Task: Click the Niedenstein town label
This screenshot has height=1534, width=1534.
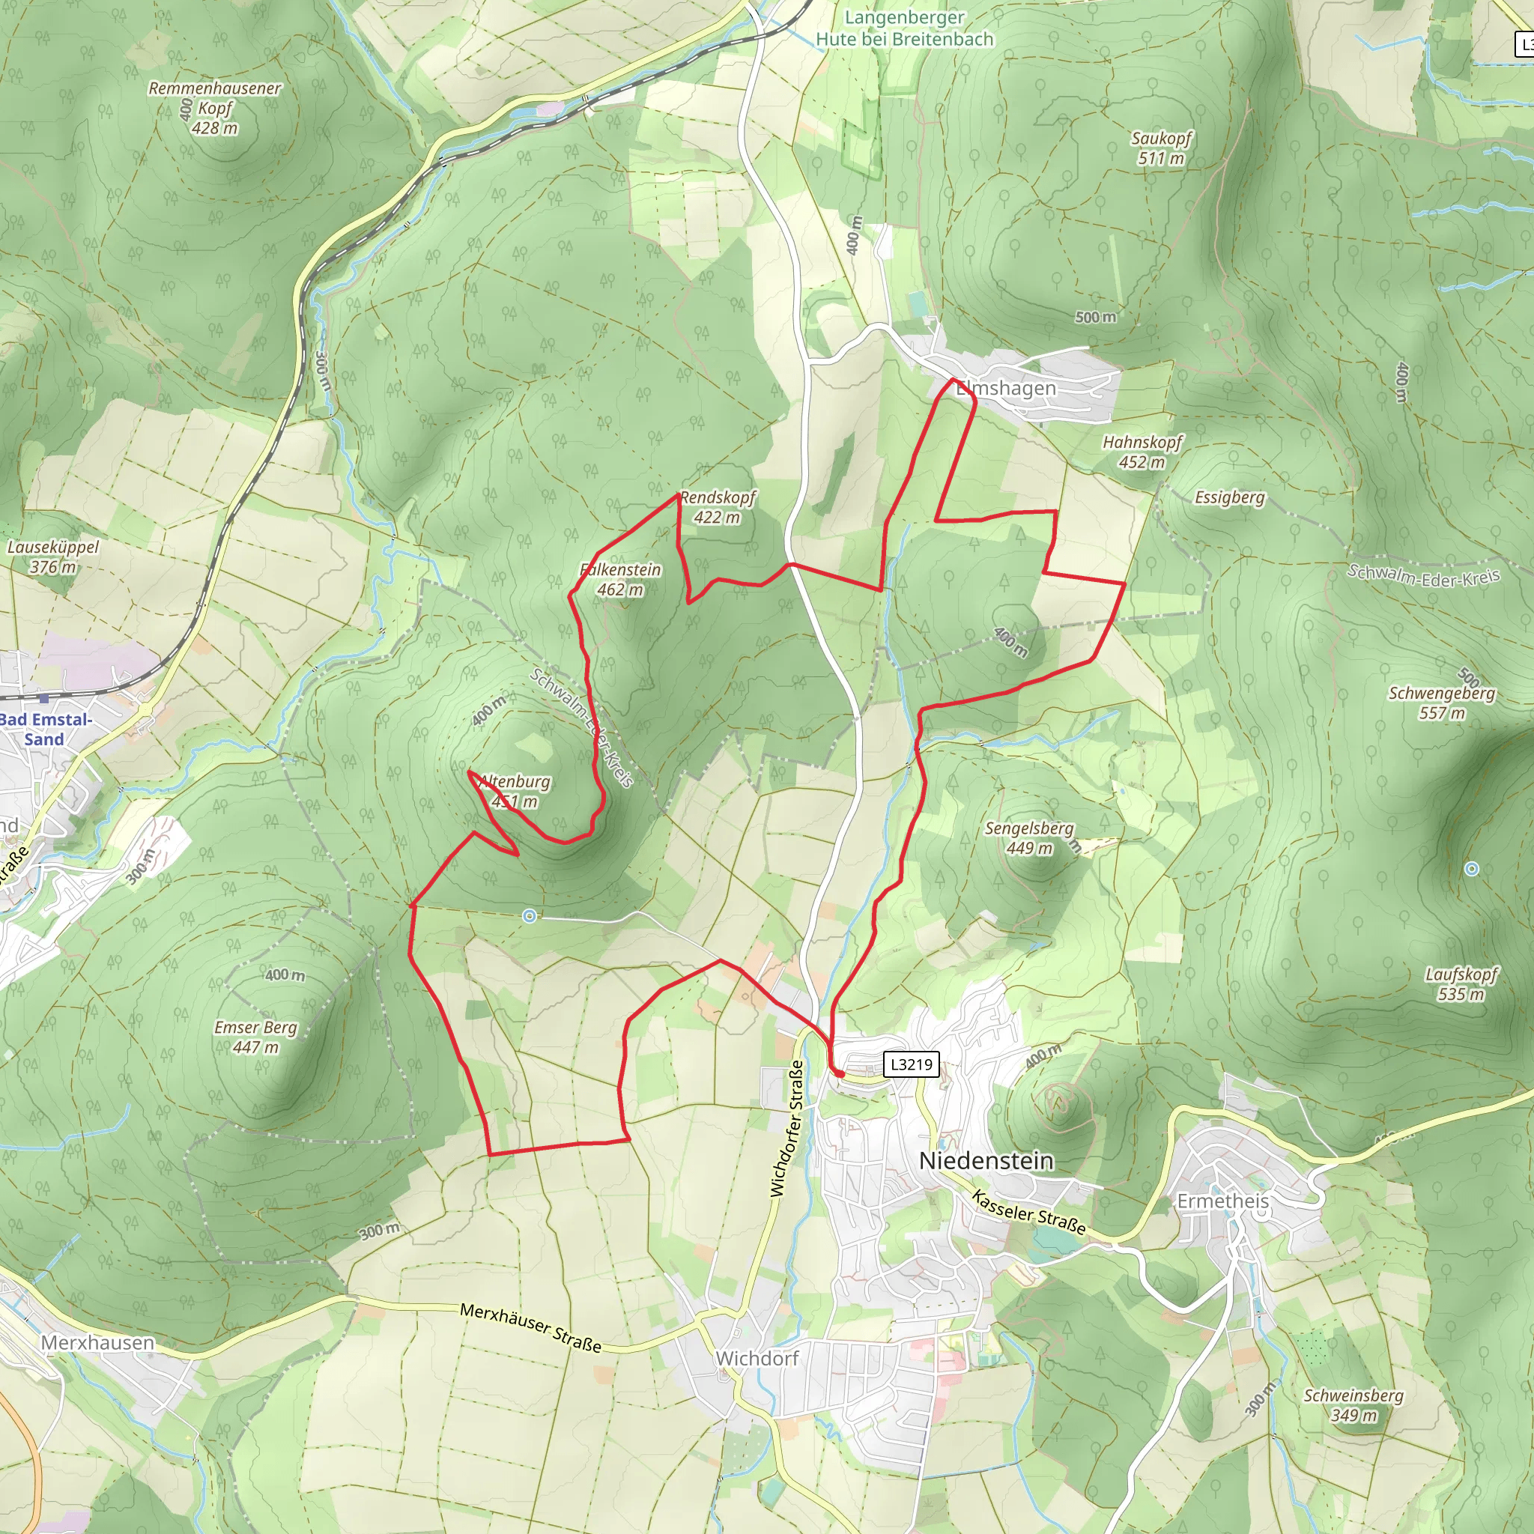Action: pos(986,1161)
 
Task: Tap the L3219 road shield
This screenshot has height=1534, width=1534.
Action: pos(911,1064)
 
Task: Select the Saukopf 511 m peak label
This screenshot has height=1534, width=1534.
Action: pos(1161,148)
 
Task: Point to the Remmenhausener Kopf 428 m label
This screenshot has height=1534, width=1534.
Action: pos(214,108)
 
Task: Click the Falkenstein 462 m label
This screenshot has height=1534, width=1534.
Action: pos(620,580)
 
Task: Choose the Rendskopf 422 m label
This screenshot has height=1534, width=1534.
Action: pos(717,507)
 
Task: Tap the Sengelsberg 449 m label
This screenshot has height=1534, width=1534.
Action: pos(1029,838)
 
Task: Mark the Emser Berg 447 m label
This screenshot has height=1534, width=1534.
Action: pos(255,1037)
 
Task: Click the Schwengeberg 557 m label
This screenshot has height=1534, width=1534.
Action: pos(1441,703)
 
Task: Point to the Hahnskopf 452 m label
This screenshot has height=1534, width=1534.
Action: pos(1142,452)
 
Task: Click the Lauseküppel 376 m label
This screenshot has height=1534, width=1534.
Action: pos(53,557)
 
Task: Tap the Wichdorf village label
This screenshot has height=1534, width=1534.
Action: pos(757,1359)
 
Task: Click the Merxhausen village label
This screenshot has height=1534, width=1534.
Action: pos(97,1343)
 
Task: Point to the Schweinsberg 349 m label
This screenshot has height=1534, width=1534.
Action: pos(1353,1405)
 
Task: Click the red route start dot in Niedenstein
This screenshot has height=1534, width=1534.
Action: pos(838,1073)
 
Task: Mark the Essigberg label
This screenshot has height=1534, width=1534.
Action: pos(1229,498)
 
